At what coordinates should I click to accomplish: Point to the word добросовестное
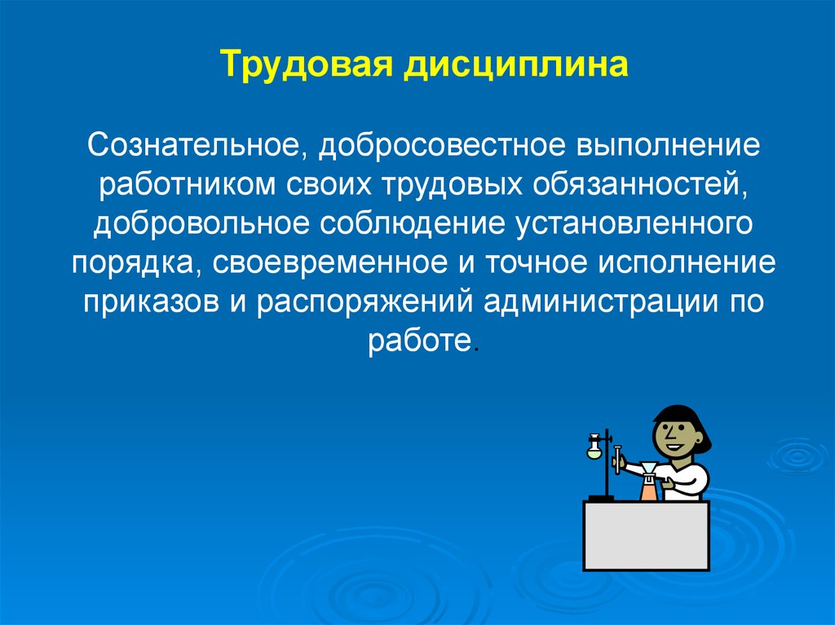tap(442, 146)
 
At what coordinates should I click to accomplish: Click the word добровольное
tap(201, 224)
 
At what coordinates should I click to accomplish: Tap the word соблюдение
tap(412, 224)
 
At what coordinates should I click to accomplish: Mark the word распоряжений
tap(364, 301)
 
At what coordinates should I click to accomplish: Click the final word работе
tap(420, 341)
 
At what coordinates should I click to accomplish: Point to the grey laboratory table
tap(647, 535)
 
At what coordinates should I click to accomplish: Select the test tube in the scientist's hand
tap(618, 460)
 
